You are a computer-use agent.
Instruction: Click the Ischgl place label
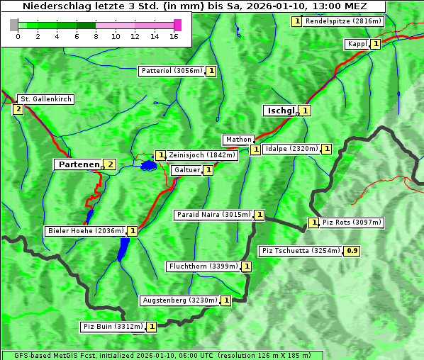pyautogui.click(x=280, y=111)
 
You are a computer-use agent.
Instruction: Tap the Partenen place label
pyautogui.click(x=78, y=164)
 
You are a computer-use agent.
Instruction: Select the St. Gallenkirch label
pyautogui.click(x=45, y=99)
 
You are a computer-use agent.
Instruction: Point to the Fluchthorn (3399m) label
pyautogui.click(x=203, y=266)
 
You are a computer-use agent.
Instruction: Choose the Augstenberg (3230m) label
pyautogui.click(x=179, y=300)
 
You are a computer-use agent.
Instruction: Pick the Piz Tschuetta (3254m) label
pyautogui.click(x=301, y=250)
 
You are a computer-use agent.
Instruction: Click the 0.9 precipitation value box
pyautogui.click(x=352, y=250)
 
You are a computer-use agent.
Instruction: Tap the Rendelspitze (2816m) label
pyautogui.click(x=344, y=21)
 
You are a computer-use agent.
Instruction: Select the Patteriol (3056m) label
pyautogui.click(x=171, y=71)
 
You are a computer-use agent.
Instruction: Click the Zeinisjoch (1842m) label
pyautogui.click(x=201, y=155)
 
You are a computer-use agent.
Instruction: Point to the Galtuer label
pyautogui.click(x=186, y=170)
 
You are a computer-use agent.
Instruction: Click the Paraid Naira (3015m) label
pyautogui.click(x=213, y=215)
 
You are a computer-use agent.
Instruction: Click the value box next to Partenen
pyautogui.click(x=110, y=164)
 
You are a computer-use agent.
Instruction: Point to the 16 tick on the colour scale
pyautogui.click(x=174, y=35)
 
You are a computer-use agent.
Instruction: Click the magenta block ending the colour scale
pyautogui.click(x=177, y=25)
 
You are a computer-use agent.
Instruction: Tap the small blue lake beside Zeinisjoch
pyautogui.click(x=148, y=165)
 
